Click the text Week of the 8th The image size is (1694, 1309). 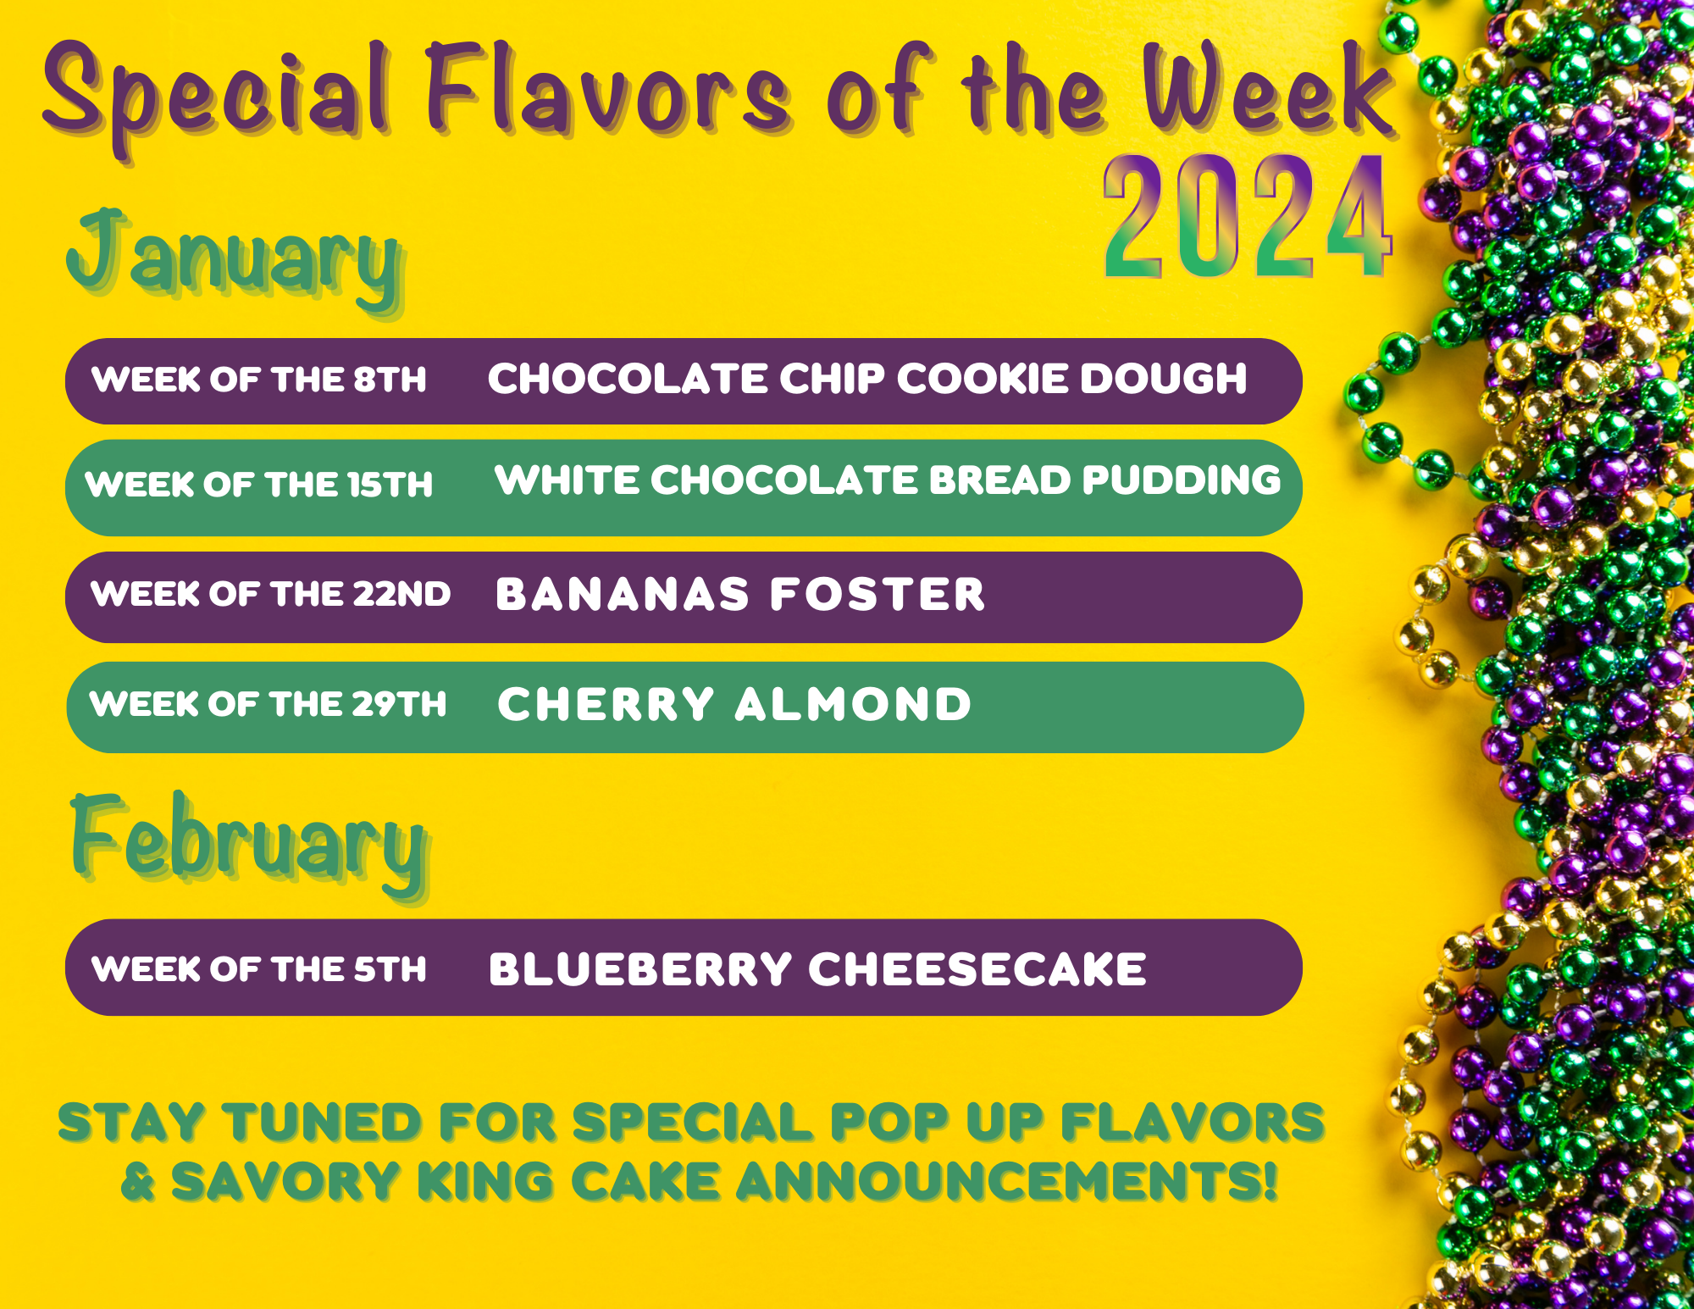[259, 380]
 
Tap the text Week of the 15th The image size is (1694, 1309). [259, 485]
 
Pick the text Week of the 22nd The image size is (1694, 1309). [271, 594]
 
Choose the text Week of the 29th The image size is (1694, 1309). [268, 704]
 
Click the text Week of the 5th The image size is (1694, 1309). [259, 969]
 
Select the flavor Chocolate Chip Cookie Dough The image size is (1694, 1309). [867, 379]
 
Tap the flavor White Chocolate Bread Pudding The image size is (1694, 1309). [888, 480]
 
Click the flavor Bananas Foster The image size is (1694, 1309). [740, 594]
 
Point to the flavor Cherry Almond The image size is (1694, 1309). [734, 704]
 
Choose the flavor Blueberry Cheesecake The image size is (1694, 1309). [817, 969]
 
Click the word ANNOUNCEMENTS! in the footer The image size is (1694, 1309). [1007, 1181]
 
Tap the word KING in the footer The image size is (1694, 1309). [485, 1181]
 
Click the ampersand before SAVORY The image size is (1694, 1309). [139, 1181]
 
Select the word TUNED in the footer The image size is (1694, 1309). [322, 1123]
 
